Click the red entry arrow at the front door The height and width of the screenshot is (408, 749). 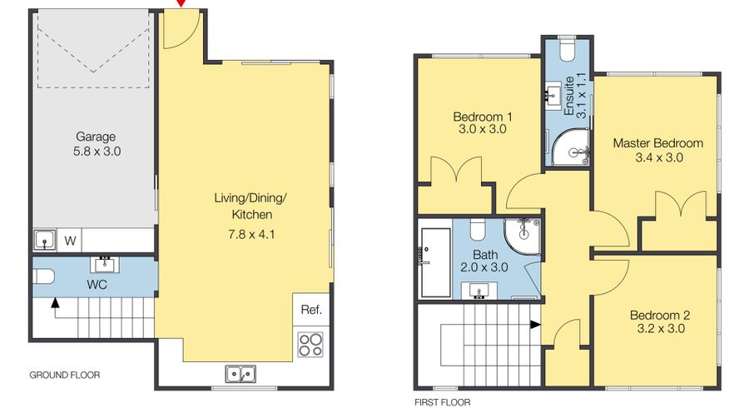[x=181, y=7]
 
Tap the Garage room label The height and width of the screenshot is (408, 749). [x=96, y=137]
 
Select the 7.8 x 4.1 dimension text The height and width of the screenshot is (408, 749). [x=253, y=234]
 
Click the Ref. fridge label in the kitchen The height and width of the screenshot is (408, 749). [x=311, y=311]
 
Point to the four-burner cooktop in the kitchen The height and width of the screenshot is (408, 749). [x=310, y=345]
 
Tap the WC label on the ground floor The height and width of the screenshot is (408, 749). [x=97, y=285]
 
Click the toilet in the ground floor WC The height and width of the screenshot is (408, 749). [x=44, y=276]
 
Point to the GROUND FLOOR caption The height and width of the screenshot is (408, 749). [x=64, y=376]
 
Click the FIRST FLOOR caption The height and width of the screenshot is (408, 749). [x=442, y=402]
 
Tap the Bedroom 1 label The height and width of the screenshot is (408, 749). [x=482, y=117]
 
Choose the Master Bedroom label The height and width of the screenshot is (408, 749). [x=657, y=143]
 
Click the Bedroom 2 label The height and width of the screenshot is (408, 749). [x=659, y=316]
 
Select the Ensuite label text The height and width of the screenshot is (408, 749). [x=569, y=96]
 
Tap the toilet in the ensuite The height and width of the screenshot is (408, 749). [x=568, y=52]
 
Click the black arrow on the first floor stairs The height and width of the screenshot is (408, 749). [x=535, y=326]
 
